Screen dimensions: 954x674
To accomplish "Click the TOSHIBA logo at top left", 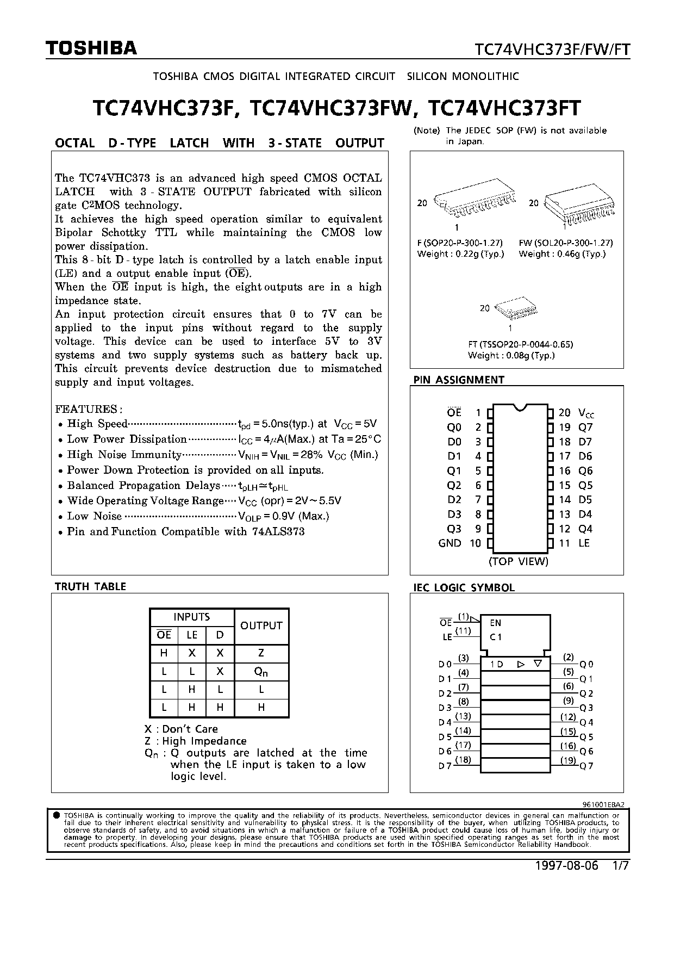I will (x=91, y=49).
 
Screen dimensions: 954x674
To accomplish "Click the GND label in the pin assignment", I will (x=450, y=543).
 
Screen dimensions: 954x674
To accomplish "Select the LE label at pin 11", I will (x=584, y=543).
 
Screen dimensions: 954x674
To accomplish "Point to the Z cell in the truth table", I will (x=261, y=653).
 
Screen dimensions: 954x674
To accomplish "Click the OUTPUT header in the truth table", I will (x=261, y=625).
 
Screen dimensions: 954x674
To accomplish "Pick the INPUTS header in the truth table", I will (x=191, y=617).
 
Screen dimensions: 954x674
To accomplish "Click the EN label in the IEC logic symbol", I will (x=495, y=623).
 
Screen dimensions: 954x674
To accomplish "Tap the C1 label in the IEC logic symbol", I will (x=495, y=637).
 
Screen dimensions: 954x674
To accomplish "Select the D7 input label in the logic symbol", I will (x=445, y=766).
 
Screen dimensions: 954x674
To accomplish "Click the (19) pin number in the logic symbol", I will (x=568, y=760).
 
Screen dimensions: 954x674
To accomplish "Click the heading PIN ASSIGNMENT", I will (x=459, y=380).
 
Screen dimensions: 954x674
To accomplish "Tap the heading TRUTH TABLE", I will (x=90, y=586).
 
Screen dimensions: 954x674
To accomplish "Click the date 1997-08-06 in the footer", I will (x=566, y=866).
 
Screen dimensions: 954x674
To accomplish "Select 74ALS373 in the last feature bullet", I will (x=278, y=531).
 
